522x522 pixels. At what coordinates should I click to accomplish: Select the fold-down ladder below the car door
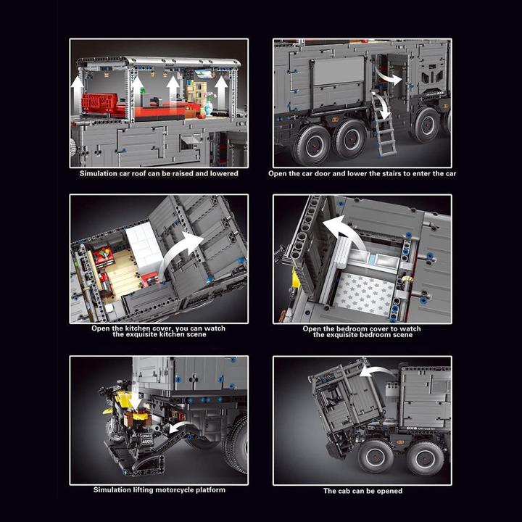pos(384,130)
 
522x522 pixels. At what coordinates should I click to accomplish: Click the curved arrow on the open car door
pos(388,75)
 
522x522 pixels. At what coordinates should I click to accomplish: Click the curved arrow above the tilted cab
pos(377,371)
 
